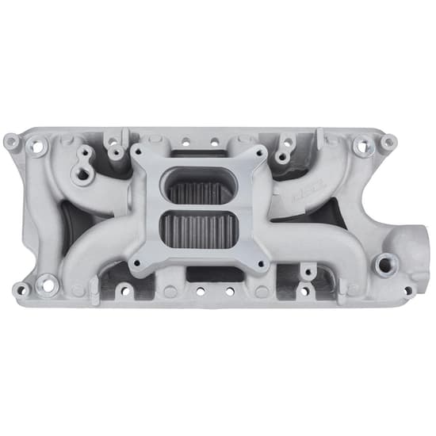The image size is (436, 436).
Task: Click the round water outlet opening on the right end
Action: coord(411,238)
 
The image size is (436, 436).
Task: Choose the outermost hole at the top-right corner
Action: coord(388,142)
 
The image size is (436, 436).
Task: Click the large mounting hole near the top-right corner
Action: coord(362,146)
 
